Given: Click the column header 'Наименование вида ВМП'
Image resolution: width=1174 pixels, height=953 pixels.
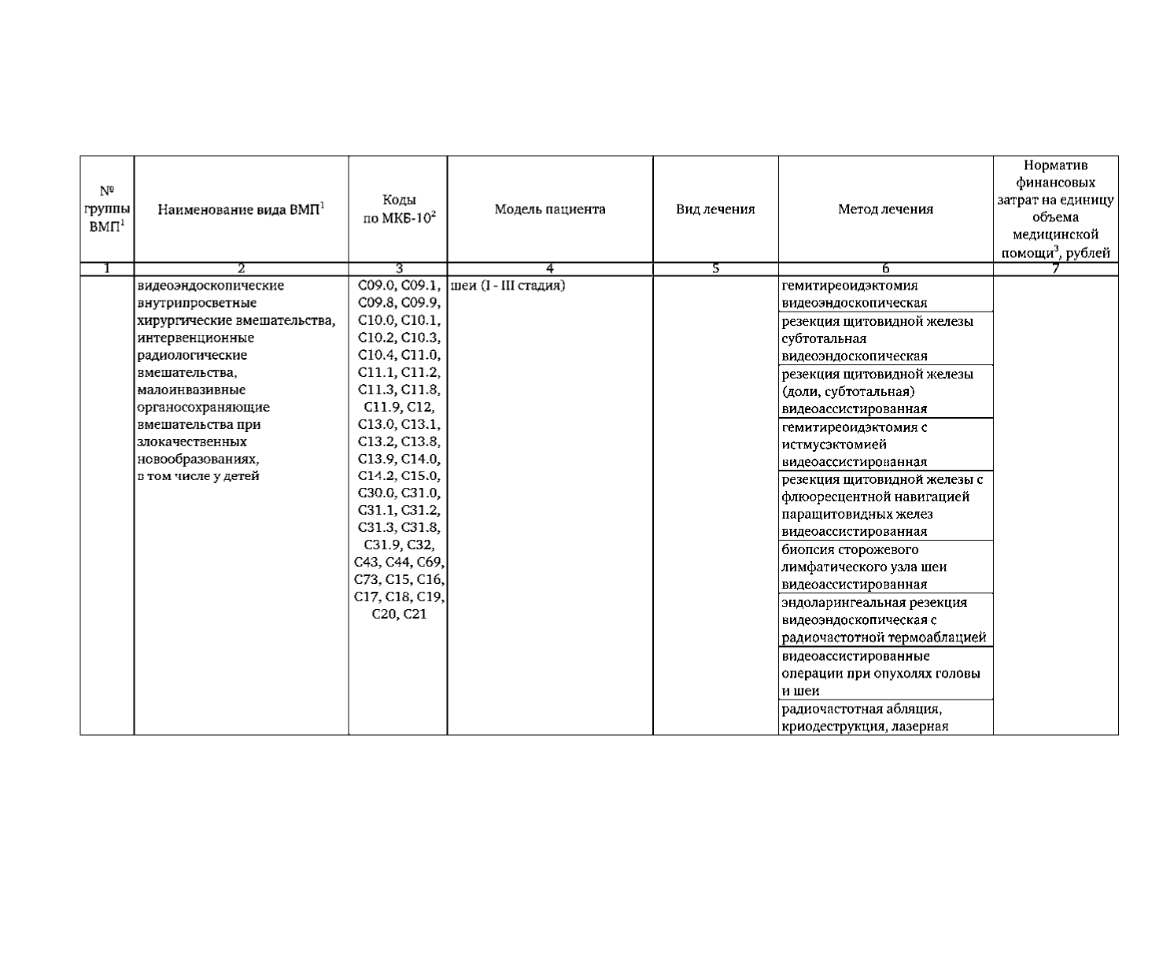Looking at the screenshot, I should [x=241, y=209].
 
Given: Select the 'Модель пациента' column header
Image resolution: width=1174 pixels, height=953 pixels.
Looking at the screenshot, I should [x=550, y=209].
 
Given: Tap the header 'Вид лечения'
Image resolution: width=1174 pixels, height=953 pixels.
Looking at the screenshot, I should [x=715, y=209].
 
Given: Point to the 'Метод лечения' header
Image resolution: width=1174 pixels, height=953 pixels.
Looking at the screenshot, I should [x=885, y=209].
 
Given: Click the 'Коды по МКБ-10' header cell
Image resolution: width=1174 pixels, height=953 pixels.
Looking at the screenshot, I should [x=398, y=209].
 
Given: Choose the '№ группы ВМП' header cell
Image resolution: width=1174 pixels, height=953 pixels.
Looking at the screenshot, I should [x=107, y=209].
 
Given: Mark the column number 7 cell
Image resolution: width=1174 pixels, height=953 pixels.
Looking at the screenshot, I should [x=1055, y=269].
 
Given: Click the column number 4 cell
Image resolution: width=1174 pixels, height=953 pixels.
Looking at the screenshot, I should [x=550, y=269].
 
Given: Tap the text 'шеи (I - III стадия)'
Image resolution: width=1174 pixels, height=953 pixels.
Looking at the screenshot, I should [x=509, y=286].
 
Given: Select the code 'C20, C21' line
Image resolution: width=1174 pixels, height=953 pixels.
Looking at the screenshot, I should [x=399, y=614].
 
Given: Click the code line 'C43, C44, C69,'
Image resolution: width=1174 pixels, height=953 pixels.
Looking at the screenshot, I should [x=399, y=562].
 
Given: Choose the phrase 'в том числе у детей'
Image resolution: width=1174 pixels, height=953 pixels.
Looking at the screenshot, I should [x=198, y=476].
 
